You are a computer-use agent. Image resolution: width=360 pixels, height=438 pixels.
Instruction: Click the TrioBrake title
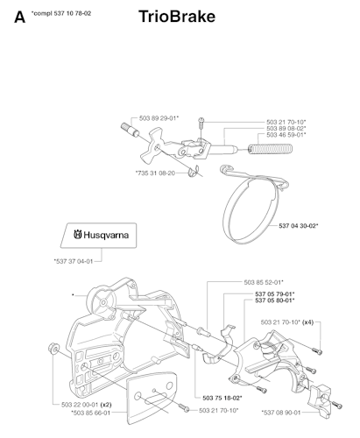coord(177,17)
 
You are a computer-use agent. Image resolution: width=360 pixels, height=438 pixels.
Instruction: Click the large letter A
coord(19,18)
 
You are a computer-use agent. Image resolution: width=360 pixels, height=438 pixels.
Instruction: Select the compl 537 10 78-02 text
coord(61,13)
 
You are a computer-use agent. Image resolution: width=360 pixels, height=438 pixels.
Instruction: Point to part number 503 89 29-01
coord(159,118)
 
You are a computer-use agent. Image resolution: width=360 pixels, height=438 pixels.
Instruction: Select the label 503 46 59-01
coord(286,135)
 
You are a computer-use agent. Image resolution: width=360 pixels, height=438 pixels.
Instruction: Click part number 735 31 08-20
coord(155,173)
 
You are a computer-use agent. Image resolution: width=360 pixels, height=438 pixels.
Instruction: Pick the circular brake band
coord(251,204)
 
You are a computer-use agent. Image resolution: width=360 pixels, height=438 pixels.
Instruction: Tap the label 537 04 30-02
coord(299,226)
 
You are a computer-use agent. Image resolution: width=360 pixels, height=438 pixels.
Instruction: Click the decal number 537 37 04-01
coord(74,261)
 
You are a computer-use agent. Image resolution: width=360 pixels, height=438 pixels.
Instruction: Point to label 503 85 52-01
coord(264,282)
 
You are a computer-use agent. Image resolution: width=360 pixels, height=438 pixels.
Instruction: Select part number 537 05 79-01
coord(275,294)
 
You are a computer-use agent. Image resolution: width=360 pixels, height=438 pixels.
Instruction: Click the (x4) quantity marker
coord(307,322)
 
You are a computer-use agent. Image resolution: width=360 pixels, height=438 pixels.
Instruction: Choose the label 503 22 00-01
coord(80,405)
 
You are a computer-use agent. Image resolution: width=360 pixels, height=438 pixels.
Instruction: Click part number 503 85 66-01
coord(91,413)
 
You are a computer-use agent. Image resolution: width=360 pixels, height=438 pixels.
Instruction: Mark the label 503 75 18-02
coord(222,398)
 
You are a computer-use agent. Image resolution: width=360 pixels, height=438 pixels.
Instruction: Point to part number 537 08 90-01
coord(281,413)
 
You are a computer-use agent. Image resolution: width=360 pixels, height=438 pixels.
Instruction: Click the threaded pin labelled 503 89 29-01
coord(131,130)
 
